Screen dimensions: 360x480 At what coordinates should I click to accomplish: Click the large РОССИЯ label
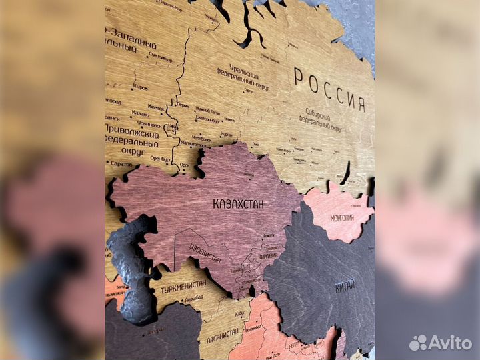coord(329,90)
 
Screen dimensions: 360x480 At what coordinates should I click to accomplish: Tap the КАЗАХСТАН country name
coord(238,203)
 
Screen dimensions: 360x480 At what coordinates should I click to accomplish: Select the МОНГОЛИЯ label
coord(342,217)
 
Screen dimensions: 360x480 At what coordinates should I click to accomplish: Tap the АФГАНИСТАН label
coord(214,337)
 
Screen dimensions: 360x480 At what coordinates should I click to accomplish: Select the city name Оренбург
coord(160,159)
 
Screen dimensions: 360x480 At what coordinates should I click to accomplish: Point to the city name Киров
coord(141,87)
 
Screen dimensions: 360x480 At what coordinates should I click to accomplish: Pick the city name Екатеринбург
coord(207,120)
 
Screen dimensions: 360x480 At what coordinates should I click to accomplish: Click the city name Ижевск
coord(155,107)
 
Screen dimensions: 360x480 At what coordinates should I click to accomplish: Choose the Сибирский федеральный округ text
coord(323,119)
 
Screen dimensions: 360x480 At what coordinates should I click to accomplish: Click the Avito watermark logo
coord(441,343)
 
